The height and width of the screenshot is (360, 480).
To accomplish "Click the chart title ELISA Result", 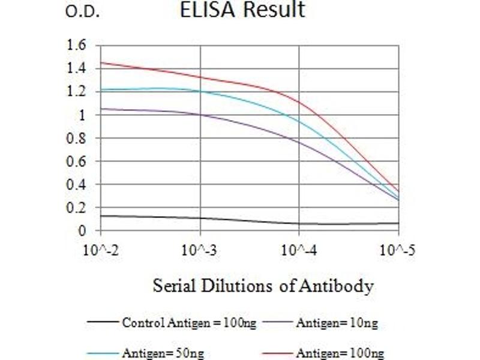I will (x=242, y=10).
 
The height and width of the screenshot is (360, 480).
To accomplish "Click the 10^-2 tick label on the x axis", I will (x=101, y=249).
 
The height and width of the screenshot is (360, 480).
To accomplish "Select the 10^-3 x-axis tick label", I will (x=200, y=249).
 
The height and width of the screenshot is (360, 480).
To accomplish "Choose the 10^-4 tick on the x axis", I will (x=299, y=249).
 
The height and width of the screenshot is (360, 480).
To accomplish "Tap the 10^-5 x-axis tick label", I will (x=397, y=249).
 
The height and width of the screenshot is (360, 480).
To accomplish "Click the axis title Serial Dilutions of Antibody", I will (x=263, y=286).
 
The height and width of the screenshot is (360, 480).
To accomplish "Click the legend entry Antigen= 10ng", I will (x=336, y=323).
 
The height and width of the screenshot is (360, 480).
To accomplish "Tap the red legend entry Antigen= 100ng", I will (x=340, y=353).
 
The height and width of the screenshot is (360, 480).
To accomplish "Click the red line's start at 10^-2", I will (x=101, y=62).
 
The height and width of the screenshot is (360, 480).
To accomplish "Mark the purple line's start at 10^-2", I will (x=101, y=109).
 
